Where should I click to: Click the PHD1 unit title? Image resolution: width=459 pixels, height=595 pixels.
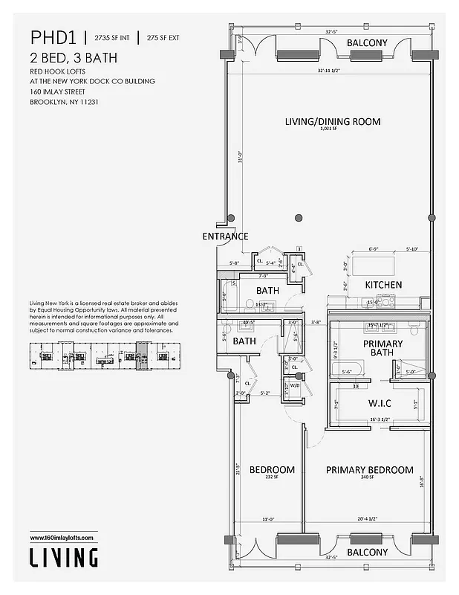pyautogui.click(x=51, y=37)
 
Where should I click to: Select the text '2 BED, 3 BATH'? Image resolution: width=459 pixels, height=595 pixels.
pyautogui.click(x=74, y=58)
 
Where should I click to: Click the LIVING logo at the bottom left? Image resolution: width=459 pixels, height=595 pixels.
pyautogui.click(x=63, y=556)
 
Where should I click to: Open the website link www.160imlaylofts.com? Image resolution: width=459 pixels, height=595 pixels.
pyautogui.click(x=63, y=538)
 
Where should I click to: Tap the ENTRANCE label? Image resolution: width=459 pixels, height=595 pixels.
pyautogui.click(x=224, y=237)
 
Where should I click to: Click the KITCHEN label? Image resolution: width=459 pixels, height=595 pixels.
pyautogui.click(x=383, y=285)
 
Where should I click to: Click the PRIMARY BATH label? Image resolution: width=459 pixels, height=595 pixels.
pyautogui.click(x=382, y=349)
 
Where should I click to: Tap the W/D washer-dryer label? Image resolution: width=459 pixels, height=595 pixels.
pyautogui.click(x=294, y=385)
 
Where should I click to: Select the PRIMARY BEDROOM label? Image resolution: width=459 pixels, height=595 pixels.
pyautogui.click(x=369, y=470)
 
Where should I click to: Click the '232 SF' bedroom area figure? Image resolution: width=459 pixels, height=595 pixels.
pyautogui.click(x=270, y=478)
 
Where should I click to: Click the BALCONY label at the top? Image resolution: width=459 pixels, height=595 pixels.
pyautogui.click(x=367, y=42)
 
